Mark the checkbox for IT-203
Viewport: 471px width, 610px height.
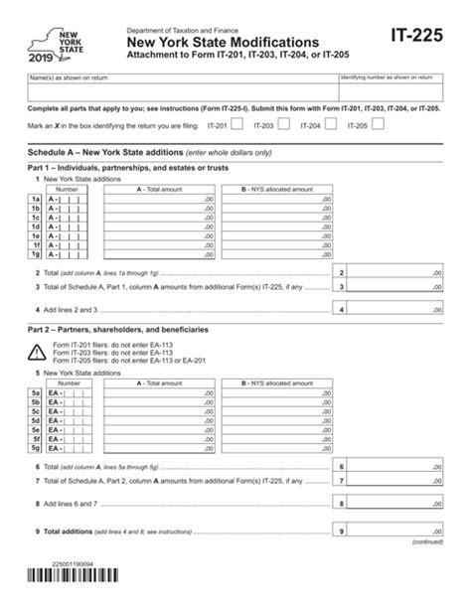click(x=283, y=126)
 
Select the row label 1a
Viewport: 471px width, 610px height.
click(x=35, y=200)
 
